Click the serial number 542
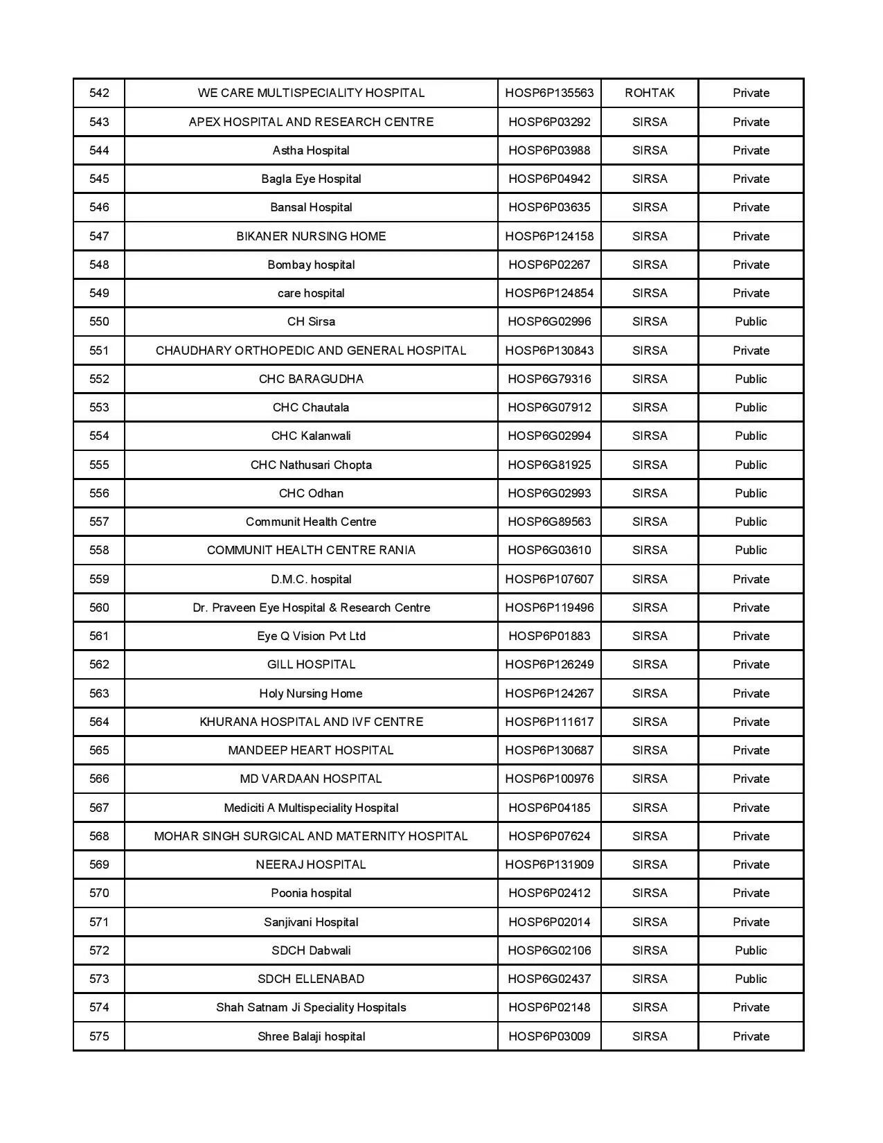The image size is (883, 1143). tap(99, 93)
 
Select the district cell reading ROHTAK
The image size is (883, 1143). tap(649, 93)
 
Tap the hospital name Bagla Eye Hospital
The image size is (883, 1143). tap(311, 179)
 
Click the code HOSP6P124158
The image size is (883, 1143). tap(549, 236)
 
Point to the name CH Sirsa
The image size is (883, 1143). tap(311, 321)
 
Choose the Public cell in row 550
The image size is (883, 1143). tap(751, 321)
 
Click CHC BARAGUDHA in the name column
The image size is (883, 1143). tap(311, 379)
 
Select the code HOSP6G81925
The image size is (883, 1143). tap(549, 465)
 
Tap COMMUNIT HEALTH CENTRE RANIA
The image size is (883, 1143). tap(311, 550)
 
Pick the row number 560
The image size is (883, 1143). tap(99, 608)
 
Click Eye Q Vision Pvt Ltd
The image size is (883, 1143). tap(311, 636)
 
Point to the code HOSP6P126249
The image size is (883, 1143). tap(549, 664)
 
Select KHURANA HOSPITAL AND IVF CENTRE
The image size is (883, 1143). tap(311, 722)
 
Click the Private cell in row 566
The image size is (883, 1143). tap(751, 779)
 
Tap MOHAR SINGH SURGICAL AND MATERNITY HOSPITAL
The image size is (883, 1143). tap(311, 836)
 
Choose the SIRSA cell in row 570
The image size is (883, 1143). tap(649, 893)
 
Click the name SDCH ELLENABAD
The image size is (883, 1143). tap(311, 979)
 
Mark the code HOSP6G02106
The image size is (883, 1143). tap(549, 950)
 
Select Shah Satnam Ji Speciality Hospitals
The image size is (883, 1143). tap(311, 1007)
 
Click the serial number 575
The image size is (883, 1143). tap(99, 1036)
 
